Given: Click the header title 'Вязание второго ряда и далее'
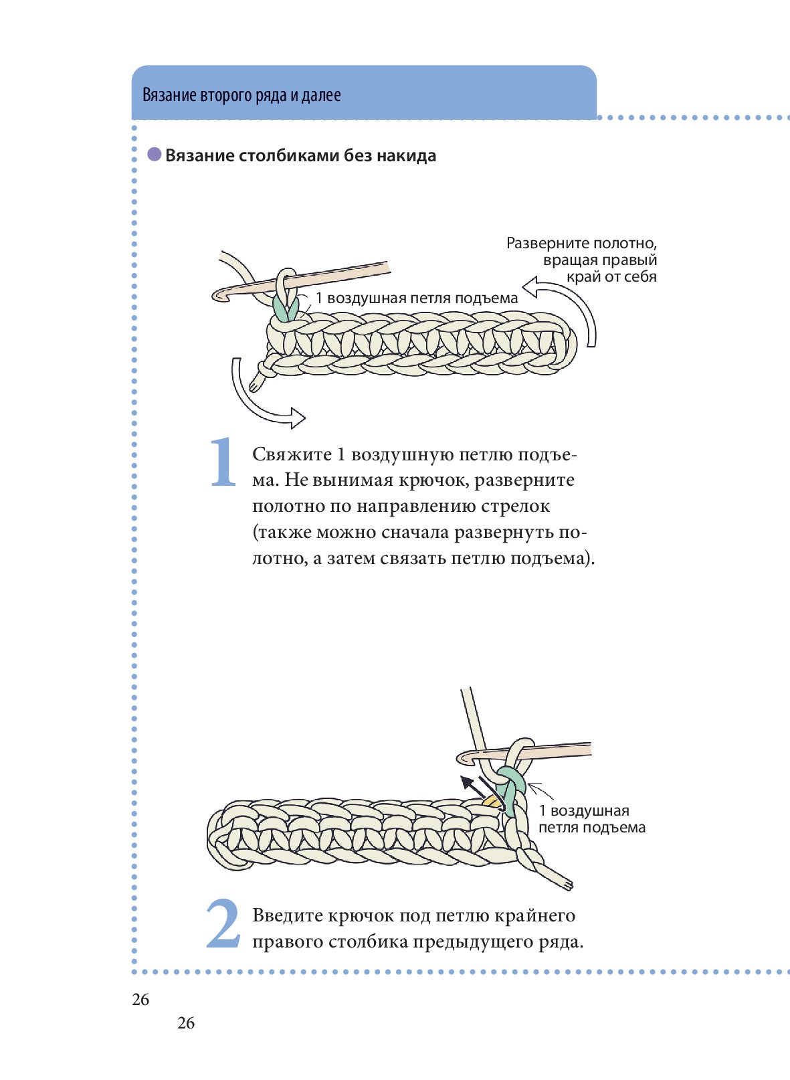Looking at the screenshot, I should click(241, 95).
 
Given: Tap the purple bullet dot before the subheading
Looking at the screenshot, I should click(155, 155).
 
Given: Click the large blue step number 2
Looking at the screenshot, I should click(223, 924).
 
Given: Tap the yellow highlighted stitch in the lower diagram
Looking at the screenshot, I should click(493, 801).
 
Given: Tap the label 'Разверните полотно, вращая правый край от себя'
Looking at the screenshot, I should click(581, 260).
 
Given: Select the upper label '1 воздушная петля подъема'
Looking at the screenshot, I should click(416, 298).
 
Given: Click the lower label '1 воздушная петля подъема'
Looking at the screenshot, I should click(591, 819).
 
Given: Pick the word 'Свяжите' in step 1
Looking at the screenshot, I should click(292, 455).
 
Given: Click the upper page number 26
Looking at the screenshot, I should click(141, 1000).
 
